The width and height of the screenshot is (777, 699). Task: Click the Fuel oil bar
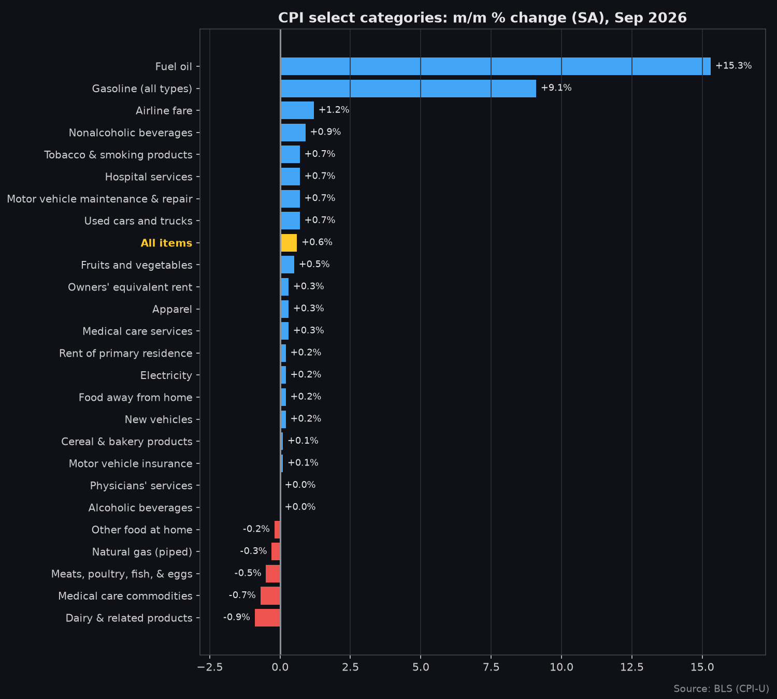pos(495,66)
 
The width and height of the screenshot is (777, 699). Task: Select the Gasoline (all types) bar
pos(408,89)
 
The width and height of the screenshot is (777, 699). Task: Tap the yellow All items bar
pos(289,243)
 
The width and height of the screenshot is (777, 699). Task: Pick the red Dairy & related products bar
pos(267,618)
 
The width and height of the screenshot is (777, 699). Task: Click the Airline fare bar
pos(297,110)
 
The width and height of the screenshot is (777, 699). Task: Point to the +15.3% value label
pos(733,66)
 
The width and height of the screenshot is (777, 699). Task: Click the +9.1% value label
pos(556,88)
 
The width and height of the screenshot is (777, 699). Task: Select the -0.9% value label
pos(237,617)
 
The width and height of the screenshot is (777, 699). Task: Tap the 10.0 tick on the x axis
pos(561,667)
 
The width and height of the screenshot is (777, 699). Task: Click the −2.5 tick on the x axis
pos(210,667)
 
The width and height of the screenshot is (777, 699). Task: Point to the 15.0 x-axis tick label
pos(702,667)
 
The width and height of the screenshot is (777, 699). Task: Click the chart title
pos(482,18)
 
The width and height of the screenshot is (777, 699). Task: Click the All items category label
pos(166,243)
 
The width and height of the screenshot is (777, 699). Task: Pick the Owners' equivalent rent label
pos(130,287)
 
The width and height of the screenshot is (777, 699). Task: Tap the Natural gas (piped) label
pos(142,552)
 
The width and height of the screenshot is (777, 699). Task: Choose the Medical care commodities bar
pos(270,595)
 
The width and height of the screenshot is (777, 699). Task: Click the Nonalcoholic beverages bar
pos(293,133)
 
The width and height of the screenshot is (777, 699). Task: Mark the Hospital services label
pos(149,177)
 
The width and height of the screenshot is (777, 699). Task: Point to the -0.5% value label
pos(248,573)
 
